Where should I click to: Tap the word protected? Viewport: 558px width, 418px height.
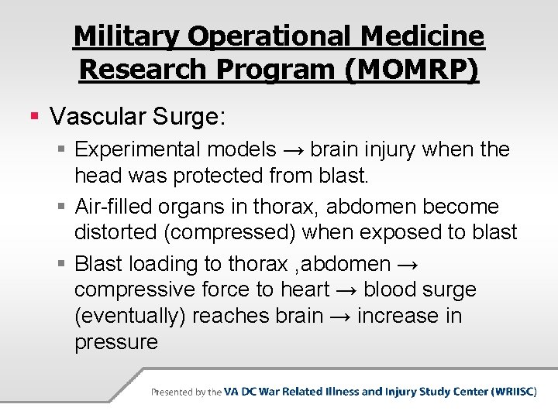219,176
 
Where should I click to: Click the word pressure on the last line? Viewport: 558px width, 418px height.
116,342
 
